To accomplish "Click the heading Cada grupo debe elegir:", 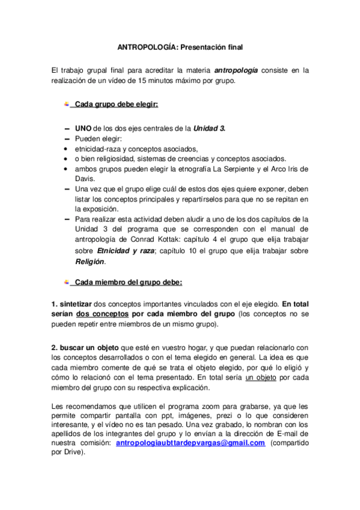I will pos(117,105).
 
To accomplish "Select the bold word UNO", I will pos(83,129).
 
